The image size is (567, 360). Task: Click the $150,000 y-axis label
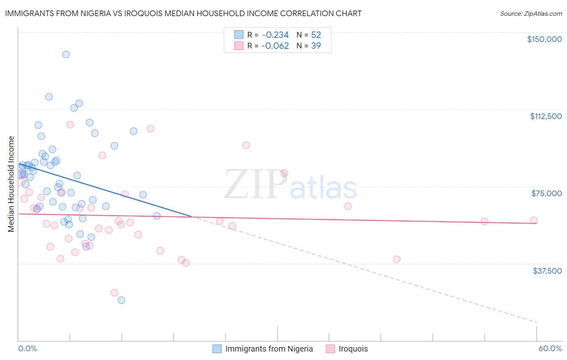point(544,39)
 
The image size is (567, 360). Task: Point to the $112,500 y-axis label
point(546,116)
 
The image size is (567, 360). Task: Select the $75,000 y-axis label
point(546,193)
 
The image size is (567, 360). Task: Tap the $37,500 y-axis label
point(547,271)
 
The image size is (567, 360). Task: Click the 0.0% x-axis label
point(27,348)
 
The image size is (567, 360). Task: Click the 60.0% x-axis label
point(550,348)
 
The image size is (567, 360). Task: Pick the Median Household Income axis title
point(11,184)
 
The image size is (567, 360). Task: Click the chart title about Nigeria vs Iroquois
point(183,13)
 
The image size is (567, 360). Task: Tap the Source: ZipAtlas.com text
point(531,13)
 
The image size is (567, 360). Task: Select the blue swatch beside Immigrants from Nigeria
point(217,349)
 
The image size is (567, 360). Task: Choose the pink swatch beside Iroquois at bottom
point(330,349)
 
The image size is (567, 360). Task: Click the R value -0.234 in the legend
point(275,35)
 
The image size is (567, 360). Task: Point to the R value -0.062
point(275,46)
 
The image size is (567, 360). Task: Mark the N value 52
point(316,35)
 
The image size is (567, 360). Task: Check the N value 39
point(316,46)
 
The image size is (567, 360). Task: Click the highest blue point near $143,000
point(66,54)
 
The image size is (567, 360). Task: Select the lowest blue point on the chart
point(121,300)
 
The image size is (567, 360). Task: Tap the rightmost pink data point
point(534,220)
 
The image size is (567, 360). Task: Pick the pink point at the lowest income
point(115,293)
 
